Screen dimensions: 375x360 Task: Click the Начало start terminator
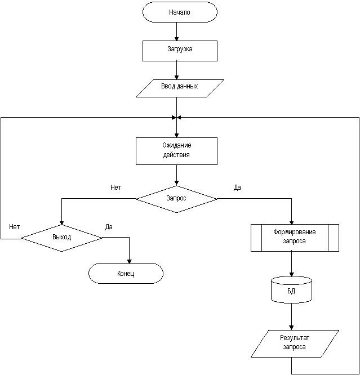(180, 12)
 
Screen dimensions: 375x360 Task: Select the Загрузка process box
(180, 50)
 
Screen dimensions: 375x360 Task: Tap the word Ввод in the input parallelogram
(168, 87)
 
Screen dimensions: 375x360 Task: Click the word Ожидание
(176, 145)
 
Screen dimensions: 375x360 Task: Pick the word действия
(176, 155)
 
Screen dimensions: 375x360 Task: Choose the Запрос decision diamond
(176, 199)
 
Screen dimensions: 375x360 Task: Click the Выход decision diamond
(61, 238)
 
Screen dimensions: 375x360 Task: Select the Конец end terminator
(126, 274)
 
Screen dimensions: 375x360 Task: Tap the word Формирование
(295, 232)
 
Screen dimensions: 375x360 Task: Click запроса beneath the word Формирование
(295, 241)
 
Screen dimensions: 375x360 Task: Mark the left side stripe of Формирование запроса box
(256, 237)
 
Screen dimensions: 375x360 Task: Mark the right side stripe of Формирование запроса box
(333, 237)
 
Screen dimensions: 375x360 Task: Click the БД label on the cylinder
(291, 292)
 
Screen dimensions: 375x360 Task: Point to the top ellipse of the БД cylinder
(291, 281)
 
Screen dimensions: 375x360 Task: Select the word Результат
(295, 338)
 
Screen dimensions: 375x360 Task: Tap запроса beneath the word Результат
(295, 347)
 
